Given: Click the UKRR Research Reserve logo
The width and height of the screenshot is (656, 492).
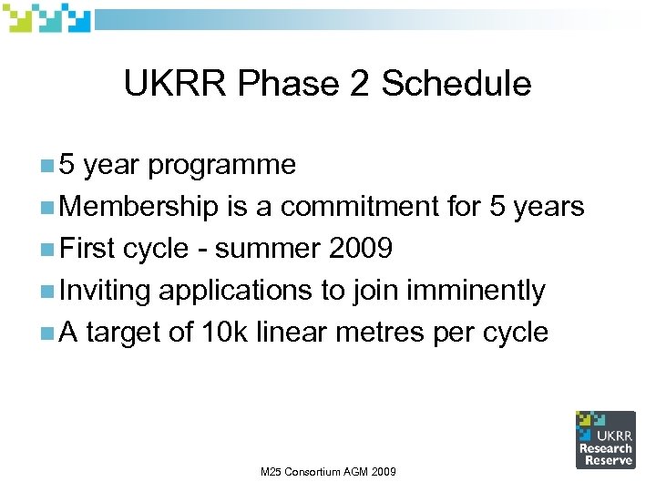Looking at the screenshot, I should point(605,439).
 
